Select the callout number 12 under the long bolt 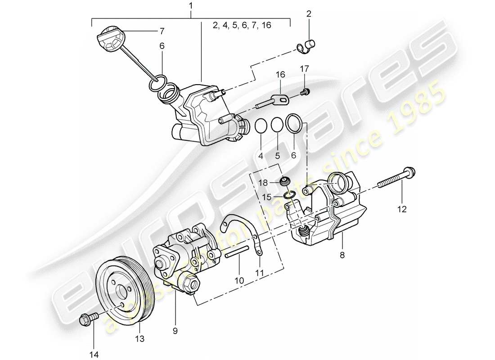tap(401, 209)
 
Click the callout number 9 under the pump tap(175, 331)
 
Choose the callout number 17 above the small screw tap(306, 69)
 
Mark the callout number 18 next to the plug tap(264, 182)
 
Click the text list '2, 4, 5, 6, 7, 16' tap(242, 26)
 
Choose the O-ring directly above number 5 tap(278, 125)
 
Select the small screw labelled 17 tap(306, 92)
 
